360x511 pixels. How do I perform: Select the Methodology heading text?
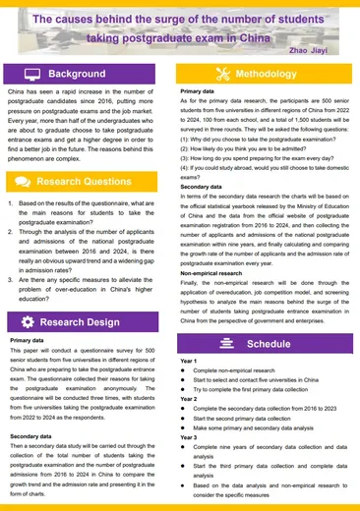tap(266, 75)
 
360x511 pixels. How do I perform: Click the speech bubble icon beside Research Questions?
tap(23, 181)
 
